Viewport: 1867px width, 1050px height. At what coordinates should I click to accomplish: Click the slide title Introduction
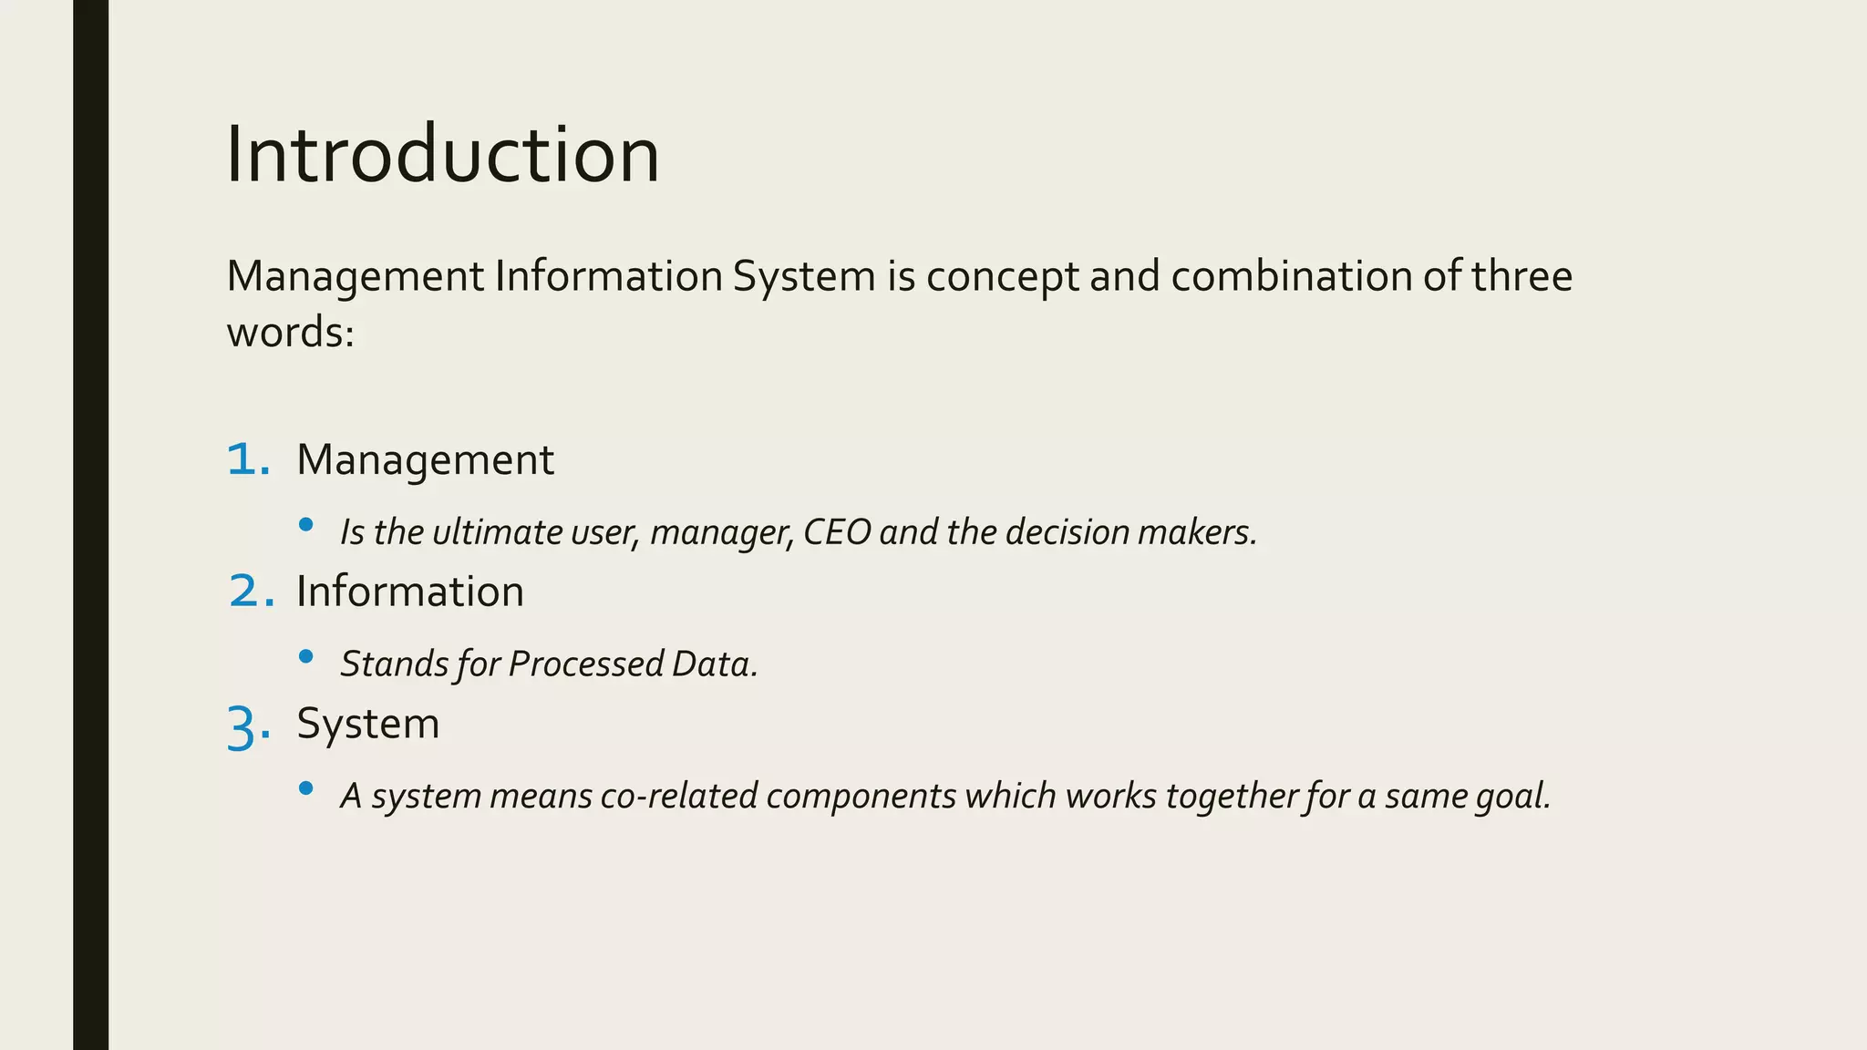[x=442, y=155]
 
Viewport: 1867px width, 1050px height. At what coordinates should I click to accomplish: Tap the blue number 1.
[x=246, y=459]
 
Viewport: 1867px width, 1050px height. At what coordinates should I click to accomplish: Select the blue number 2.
[x=249, y=592]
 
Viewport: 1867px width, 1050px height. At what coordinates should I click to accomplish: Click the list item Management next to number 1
[x=425, y=460]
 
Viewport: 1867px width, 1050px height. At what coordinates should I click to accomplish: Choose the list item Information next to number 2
[x=410, y=592]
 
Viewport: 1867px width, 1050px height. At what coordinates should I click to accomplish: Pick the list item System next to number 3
[x=367, y=725]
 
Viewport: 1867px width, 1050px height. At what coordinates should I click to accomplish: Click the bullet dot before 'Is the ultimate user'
[x=306, y=525]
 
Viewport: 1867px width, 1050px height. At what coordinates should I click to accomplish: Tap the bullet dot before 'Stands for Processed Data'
[x=306, y=656]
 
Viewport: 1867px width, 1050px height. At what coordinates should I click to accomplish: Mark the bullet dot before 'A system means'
[x=306, y=788]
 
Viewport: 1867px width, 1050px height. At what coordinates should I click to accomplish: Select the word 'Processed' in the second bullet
[x=585, y=664]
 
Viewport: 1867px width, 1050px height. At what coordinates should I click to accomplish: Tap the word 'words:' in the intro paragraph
[x=290, y=333]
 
